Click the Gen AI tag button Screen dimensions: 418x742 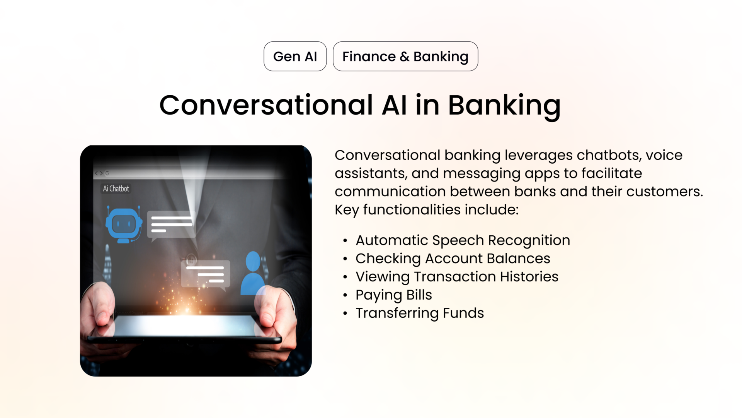[295, 57]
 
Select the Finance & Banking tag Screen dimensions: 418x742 [405, 57]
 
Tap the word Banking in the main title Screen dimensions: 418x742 [504, 106]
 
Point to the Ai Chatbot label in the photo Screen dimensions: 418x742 [116, 188]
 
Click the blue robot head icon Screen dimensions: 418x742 [124, 225]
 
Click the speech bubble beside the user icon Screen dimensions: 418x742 [206, 274]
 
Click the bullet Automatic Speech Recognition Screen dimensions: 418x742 [463, 240]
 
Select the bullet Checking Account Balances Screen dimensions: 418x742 [453, 259]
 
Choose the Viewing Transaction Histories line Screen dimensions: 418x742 [457, 277]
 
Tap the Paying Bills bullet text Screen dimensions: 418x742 [393, 295]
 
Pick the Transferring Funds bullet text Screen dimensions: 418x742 [419, 313]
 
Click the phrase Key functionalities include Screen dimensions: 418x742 [426, 210]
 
